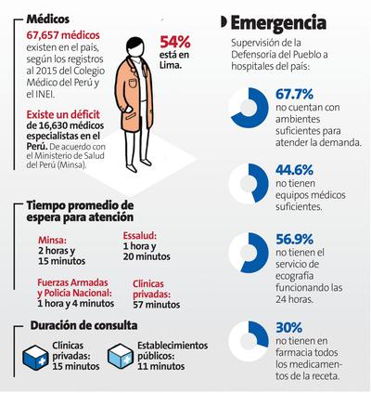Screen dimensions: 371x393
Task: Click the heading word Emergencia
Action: [278, 23]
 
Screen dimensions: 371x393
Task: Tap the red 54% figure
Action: [175, 42]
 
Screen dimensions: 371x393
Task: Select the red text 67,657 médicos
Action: [63, 35]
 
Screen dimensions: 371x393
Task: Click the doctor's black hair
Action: [135, 43]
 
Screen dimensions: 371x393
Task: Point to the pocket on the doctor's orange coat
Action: [133, 84]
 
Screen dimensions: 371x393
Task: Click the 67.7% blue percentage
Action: [294, 94]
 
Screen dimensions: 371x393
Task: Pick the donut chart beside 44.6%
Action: [249, 184]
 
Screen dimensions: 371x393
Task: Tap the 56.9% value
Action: [294, 239]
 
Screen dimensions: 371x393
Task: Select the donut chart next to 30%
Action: [249, 341]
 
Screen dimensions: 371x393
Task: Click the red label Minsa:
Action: [52, 240]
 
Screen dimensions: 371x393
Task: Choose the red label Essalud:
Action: [140, 236]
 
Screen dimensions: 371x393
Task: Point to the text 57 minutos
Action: [157, 305]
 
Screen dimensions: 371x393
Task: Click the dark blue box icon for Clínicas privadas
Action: [35, 357]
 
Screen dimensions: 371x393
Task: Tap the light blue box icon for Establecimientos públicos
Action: [121, 357]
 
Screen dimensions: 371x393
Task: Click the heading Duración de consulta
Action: [83, 325]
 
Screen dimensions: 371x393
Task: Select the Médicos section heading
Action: [48, 20]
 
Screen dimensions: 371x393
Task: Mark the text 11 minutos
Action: [161, 366]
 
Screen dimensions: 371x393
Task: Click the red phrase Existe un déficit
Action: [63, 114]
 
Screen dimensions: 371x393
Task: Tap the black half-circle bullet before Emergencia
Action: [224, 22]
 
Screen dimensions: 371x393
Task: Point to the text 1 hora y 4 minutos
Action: [76, 303]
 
